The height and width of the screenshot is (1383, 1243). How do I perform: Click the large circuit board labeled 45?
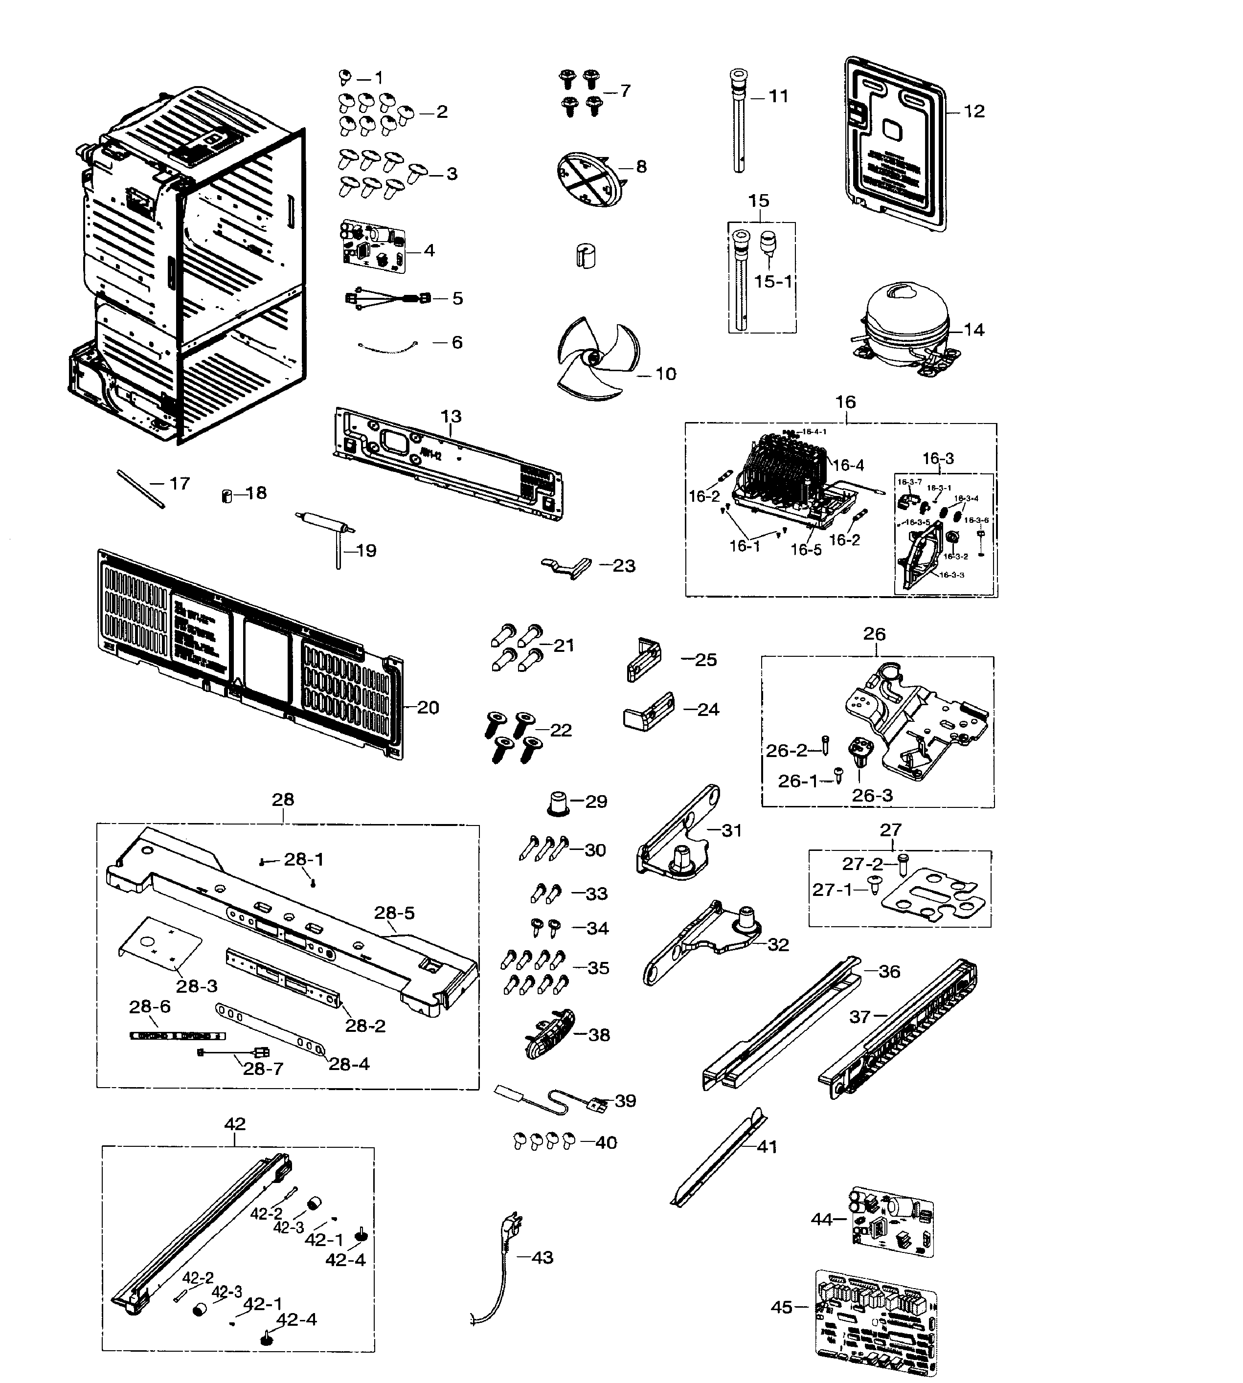[x=876, y=1321]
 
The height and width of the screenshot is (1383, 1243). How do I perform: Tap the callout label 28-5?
[x=394, y=913]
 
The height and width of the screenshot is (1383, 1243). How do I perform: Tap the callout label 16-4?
[x=849, y=465]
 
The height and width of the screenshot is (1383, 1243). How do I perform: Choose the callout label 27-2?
[x=862, y=864]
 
